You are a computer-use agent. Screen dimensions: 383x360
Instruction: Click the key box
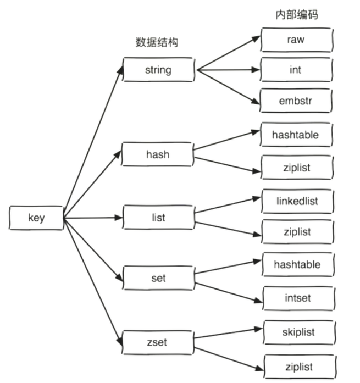pos(36,218)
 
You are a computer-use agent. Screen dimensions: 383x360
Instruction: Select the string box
pos(158,70)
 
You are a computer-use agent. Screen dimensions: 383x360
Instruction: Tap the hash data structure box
pos(158,154)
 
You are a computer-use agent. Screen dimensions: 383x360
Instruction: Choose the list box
pos(158,218)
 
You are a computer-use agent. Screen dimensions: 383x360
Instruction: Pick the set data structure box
pos(158,278)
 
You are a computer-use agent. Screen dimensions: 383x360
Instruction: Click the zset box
pos(158,342)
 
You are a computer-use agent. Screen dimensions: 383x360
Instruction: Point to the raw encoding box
pos(296,40)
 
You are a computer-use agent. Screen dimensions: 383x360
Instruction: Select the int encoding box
pos(296,70)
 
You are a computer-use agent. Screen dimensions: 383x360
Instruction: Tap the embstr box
pos(296,101)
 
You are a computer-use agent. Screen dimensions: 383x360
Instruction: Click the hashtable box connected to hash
pos(296,135)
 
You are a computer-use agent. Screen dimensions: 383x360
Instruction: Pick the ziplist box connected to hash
pos(296,167)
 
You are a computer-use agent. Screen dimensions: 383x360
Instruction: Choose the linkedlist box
pos(297,201)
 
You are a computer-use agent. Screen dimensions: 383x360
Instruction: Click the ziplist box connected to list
pos(297,232)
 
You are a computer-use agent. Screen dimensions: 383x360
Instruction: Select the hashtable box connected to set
pos(297,265)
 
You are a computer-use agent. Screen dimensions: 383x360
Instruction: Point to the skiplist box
pos(298,333)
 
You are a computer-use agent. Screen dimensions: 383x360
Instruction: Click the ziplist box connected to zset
pos(299,366)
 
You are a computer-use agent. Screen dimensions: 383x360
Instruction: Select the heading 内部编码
pos(296,15)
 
